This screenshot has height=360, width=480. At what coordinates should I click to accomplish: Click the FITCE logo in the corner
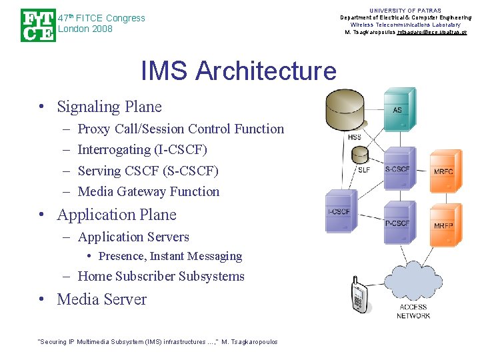coord(37,25)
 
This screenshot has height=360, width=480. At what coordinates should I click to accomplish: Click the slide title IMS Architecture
coord(239,71)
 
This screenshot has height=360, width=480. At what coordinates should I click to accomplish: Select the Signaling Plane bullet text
coord(109,107)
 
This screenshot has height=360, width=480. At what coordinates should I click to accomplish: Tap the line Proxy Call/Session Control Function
coord(181,129)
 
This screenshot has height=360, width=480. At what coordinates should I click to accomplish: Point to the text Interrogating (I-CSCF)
coord(142,150)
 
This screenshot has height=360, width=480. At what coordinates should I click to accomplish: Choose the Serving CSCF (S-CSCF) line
coord(148,171)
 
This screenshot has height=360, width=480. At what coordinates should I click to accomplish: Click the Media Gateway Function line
coord(149,191)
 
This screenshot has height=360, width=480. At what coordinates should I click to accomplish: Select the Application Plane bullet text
coord(117,215)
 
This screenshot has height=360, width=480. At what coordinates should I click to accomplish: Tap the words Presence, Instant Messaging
coord(170,256)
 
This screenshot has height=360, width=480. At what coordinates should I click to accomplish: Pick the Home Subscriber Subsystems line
coord(161,276)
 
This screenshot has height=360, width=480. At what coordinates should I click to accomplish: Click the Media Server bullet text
coord(101,299)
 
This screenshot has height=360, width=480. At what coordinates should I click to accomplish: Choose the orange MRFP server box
coord(444,222)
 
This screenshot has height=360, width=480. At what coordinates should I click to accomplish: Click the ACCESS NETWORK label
coord(413,311)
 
